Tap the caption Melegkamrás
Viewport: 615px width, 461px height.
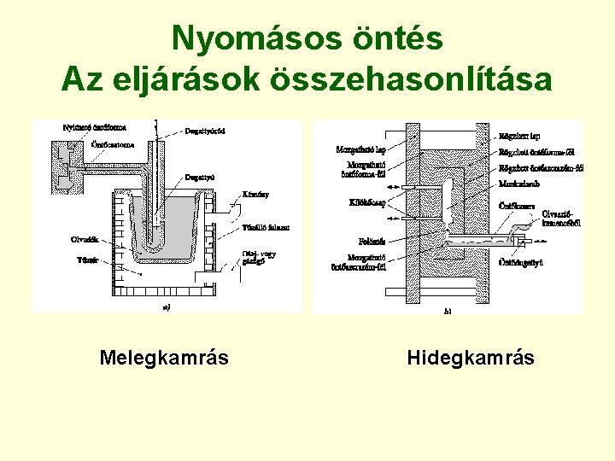tap(164, 357)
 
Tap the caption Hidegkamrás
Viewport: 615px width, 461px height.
tap(471, 357)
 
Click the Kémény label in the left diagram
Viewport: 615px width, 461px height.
tap(255, 195)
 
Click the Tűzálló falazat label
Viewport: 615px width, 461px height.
tap(266, 227)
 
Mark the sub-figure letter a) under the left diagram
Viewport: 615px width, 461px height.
tap(167, 307)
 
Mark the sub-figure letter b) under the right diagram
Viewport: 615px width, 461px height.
tap(448, 312)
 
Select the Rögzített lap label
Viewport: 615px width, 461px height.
tap(518, 135)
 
